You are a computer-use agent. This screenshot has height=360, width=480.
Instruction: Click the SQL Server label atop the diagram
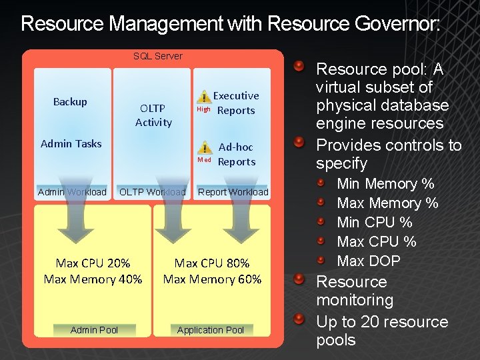coord(157,56)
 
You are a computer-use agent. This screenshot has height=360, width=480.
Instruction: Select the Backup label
coord(70,101)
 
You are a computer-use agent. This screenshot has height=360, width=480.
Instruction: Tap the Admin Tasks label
coord(71,143)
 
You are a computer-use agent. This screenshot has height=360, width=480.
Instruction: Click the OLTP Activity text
coord(153,115)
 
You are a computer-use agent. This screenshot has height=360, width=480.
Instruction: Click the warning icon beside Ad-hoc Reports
coord(207,148)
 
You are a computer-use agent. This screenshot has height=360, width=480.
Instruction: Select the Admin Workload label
coord(72,192)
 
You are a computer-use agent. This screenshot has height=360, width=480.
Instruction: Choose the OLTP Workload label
coord(152,192)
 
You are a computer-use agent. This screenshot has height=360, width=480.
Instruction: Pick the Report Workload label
coord(233,192)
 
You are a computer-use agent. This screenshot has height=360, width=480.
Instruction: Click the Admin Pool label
coord(94,330)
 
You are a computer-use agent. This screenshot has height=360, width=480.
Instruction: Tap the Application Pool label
coord(211,330)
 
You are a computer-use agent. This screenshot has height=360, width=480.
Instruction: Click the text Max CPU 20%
coord(93,263)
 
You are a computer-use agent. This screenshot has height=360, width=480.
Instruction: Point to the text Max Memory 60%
coord(212,279)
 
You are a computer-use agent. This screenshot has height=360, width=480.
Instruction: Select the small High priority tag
coord(203,109)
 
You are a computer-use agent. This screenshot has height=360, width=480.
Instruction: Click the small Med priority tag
coord(204,160)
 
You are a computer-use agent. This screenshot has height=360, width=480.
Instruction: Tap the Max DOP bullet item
coord(369,261)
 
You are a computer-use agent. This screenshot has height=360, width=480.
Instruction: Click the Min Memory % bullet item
coord(385,183)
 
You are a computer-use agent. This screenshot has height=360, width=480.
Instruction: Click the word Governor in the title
coord(396,25)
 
